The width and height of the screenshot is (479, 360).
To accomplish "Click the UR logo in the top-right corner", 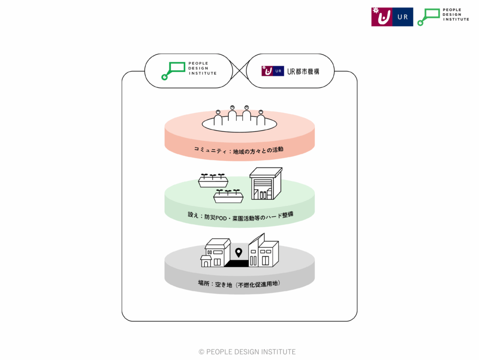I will point(392,17).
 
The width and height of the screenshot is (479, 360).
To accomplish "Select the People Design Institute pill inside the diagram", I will point(189,71).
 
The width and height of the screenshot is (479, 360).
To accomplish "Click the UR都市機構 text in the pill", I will point(304,71).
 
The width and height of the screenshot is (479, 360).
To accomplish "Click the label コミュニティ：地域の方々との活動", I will point(239,150).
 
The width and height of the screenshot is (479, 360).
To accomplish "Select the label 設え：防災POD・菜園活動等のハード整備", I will point(239,218).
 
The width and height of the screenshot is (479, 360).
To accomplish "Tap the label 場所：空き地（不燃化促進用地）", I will point(239,284).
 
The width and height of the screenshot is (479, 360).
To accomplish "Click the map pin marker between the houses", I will point(239,253).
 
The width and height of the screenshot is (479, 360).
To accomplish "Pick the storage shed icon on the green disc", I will point(265,184).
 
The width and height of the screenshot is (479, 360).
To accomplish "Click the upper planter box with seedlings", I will point(212,181).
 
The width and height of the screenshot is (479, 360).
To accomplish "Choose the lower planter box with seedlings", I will point(228,196).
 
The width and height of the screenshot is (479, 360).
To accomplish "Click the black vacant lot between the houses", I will point(237,264).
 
